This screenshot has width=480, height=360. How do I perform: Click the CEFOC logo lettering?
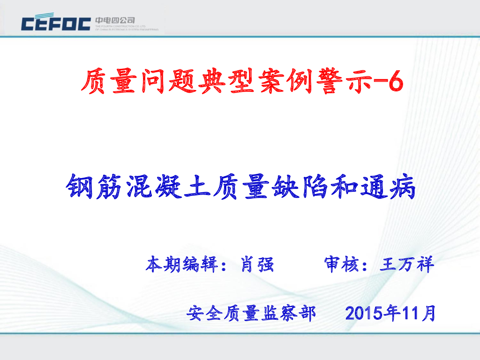point(55,23)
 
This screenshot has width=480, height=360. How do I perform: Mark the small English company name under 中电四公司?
point(127,28)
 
